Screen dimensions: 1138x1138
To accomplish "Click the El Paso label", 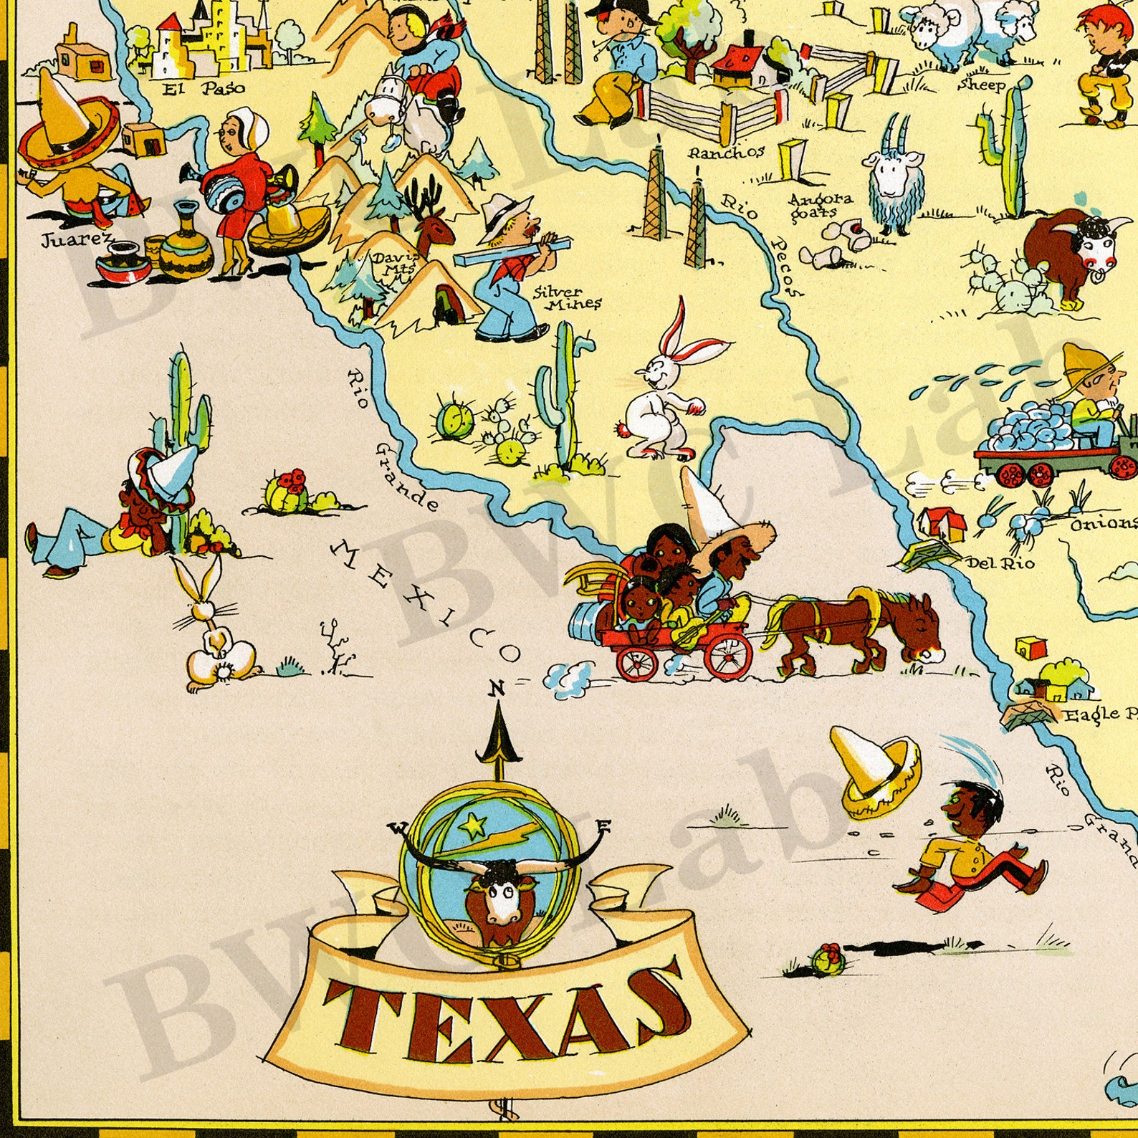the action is point(204,88).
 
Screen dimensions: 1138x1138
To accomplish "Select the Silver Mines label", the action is point(568,297).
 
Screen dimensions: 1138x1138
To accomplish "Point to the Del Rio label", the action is point(1000,563).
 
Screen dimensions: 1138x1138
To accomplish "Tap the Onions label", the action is point(1104,524).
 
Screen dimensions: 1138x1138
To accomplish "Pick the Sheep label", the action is point(982,85).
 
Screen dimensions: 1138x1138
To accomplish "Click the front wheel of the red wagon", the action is point(727,654).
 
